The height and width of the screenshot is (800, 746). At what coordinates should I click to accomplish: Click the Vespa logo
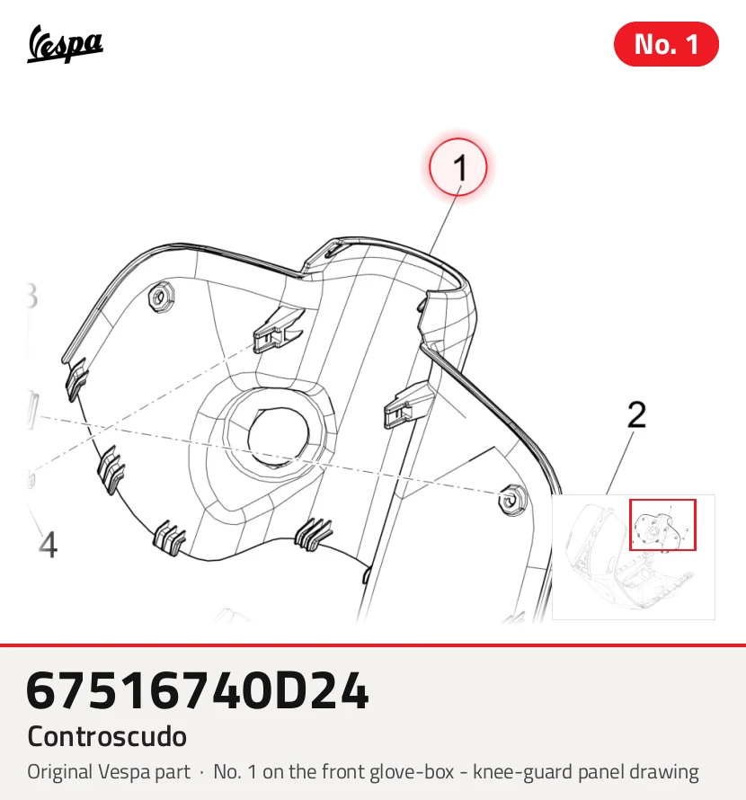65,44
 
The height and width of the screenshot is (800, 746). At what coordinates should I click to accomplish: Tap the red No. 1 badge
666,44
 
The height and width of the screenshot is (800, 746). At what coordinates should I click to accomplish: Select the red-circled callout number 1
458,167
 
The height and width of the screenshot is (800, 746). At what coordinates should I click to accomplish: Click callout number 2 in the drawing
636,414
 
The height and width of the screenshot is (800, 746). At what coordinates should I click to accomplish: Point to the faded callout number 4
48,545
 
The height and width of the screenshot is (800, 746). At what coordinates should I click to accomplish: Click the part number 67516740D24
197,691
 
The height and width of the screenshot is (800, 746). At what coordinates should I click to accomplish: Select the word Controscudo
107,736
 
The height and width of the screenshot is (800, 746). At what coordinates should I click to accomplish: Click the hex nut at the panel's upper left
161,296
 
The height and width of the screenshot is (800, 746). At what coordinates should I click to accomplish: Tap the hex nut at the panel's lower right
511,500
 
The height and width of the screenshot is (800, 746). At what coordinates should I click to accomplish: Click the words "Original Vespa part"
109,772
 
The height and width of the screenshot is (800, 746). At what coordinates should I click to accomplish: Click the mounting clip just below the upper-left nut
278,330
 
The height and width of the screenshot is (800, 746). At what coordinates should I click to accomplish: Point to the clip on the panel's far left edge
76,378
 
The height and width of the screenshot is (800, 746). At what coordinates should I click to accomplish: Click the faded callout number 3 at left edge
31,296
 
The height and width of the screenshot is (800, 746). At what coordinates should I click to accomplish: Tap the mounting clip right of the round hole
409,405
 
